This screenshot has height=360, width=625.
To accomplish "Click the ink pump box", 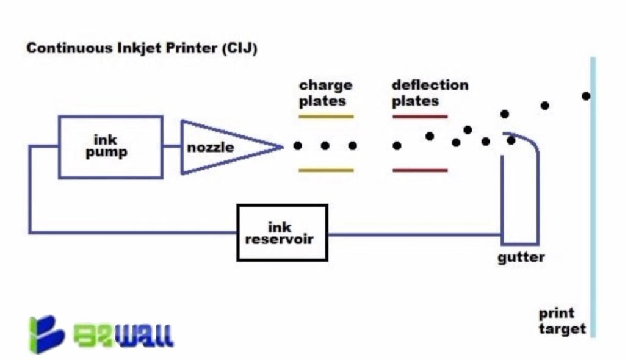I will coord(110,146).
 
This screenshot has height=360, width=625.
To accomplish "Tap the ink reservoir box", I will coord(282,232).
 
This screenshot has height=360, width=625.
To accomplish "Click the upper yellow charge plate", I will coord(326,116).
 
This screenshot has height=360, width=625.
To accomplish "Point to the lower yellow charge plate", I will coord(326,170).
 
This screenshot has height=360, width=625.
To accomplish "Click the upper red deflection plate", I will coord(420,116).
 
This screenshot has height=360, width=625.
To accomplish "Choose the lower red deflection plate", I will coord(420,170).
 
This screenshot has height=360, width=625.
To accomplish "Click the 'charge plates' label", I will coord(325,93).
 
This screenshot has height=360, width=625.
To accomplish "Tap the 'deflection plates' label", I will coord(430,93).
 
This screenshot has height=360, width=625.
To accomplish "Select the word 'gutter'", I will coord(521,257).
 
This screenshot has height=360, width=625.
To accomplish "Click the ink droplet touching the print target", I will coord(586,96).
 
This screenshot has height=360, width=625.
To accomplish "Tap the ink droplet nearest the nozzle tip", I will coord(297,146).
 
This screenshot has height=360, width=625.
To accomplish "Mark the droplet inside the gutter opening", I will coord(511,140).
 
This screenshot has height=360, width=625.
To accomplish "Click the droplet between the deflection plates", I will coord(397,146).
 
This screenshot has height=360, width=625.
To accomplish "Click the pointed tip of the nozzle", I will coord(281,146).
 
